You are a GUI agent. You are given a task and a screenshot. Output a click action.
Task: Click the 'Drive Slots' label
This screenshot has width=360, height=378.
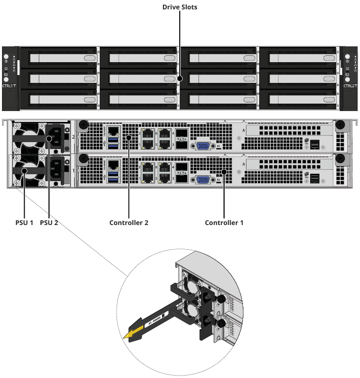coord(180,7)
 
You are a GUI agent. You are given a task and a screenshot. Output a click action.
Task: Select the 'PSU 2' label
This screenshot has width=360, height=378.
coord(49,223)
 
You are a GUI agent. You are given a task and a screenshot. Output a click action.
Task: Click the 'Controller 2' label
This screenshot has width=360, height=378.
coord(129,223)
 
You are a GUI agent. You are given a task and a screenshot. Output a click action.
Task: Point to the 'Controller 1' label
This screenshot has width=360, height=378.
coord(224,223)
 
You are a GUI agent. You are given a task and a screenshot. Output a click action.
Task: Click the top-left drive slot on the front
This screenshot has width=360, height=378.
coord(60,58)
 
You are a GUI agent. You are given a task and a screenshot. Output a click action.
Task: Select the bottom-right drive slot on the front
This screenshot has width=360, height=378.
coord(298,100)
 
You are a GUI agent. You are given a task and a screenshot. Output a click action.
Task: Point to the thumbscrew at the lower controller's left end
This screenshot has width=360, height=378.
coord(83,159)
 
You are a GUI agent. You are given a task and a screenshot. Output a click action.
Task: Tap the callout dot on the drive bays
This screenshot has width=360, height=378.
coord(180,78)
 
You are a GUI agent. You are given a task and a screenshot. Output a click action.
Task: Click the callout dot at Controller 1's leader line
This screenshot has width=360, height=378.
coord(224,172)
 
